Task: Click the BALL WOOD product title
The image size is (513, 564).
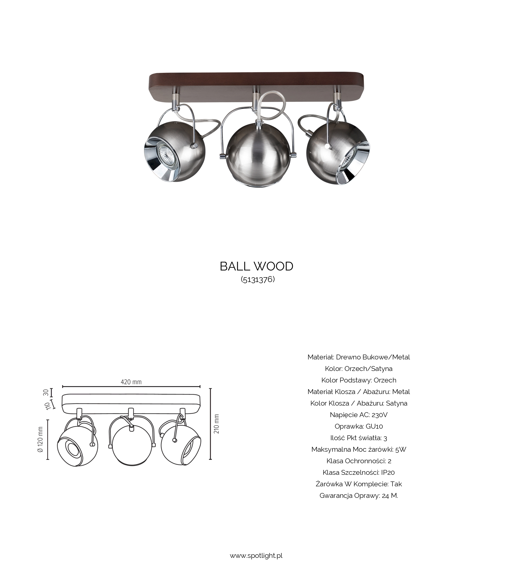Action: point(256,266)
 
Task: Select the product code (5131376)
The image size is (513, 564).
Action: point(258,279)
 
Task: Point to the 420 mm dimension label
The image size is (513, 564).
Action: point(131,382)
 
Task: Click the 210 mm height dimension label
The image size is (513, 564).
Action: point(216,424)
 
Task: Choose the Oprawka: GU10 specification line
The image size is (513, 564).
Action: point(359,426)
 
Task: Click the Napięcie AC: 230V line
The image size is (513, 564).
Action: point(359,415)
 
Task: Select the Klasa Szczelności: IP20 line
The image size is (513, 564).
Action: point(359,472)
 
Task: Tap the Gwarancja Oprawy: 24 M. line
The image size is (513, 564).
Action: point(359,496)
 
